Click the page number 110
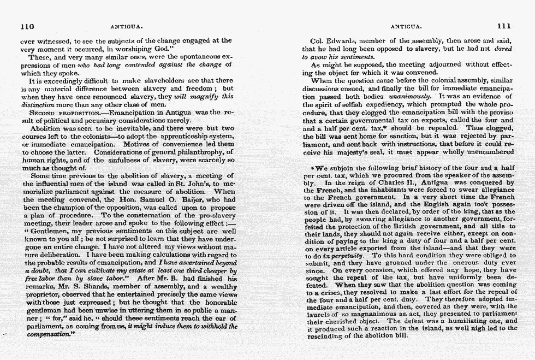coord(27,26)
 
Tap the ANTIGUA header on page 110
coord(126,26)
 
